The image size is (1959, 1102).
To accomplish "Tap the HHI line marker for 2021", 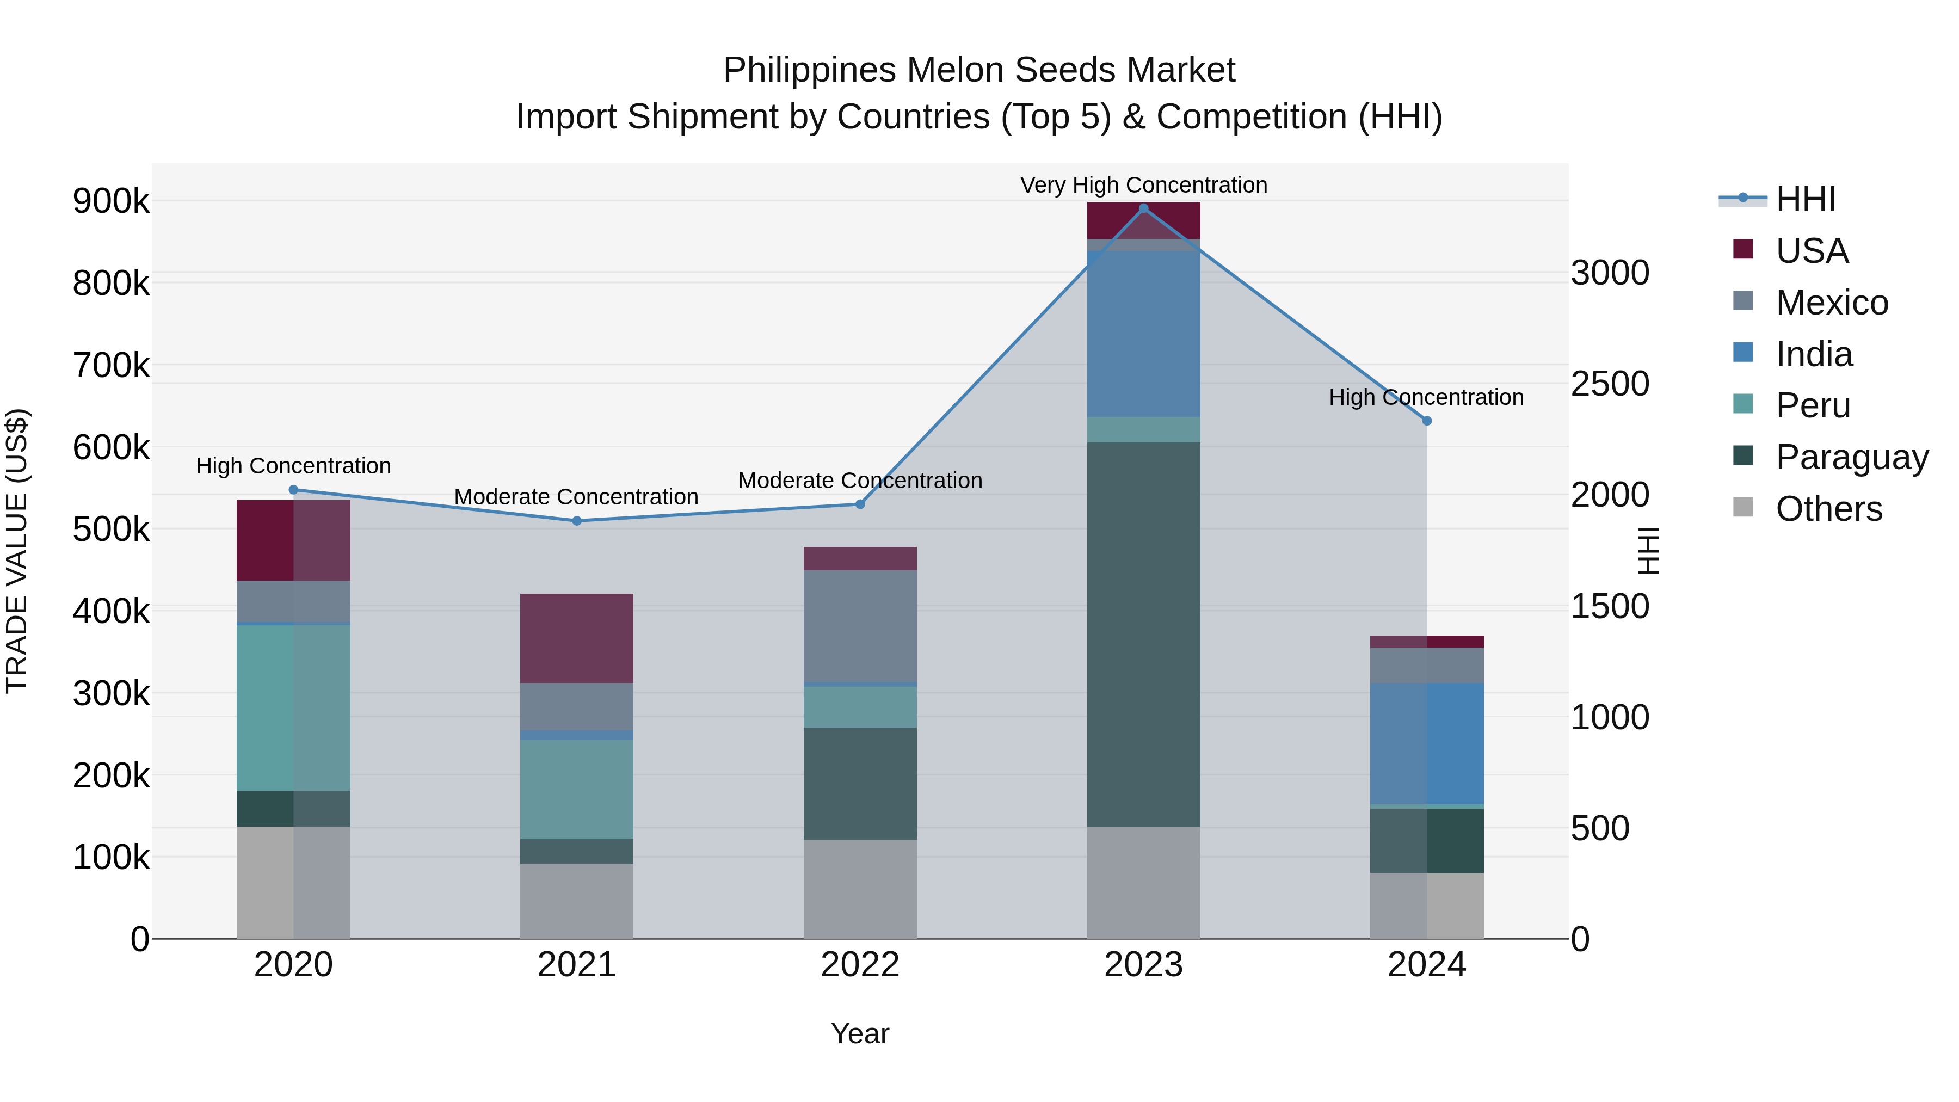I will (x=576, y=521).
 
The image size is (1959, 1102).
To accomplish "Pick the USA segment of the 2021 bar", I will (x=576, y=638).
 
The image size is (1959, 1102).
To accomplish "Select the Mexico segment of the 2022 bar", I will (x=860, y=627).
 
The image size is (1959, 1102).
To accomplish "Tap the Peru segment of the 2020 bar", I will (x=293, y=707).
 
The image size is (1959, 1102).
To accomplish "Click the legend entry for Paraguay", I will (x=1851, y=457).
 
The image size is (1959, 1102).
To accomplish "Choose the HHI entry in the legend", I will (x=1806, y=200).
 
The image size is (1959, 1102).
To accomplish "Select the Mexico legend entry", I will (x=1831, y=303).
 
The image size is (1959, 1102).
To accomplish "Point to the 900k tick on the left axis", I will (x=111, y=201).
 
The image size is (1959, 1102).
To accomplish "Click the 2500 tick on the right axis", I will (x=1610, y=384).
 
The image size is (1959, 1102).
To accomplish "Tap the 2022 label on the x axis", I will (x=860, y=965).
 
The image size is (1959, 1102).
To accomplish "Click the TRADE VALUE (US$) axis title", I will (x=17, y=551).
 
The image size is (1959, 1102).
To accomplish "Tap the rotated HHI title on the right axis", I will (x=1647, y=551).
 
